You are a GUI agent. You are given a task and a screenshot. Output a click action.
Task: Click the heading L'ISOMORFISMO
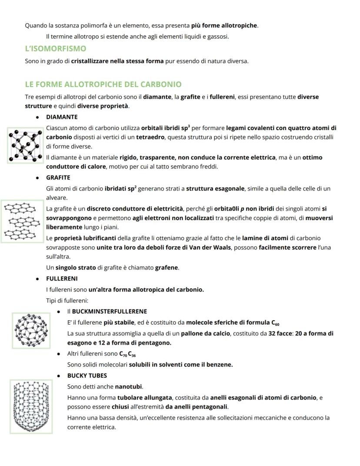point(55,48)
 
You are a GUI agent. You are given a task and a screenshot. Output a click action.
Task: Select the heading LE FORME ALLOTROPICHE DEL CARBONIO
point(103,84)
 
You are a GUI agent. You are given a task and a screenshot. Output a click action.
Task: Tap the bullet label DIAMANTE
point(62,117)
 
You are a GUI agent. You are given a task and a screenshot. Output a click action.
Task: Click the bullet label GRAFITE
point(58,178)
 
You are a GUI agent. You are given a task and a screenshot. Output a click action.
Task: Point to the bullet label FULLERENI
point(62,278)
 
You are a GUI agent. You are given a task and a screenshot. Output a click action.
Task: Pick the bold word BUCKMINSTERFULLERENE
point(109,312)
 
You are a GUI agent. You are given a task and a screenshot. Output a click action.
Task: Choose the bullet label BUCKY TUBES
point(87,375)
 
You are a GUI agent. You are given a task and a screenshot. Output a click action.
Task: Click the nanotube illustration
point(31,406)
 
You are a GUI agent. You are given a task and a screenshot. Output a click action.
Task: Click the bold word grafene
point(167,268)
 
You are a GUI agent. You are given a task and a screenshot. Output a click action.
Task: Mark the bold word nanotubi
point(128,386)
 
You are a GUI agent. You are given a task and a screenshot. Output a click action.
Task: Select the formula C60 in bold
point(275,323)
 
